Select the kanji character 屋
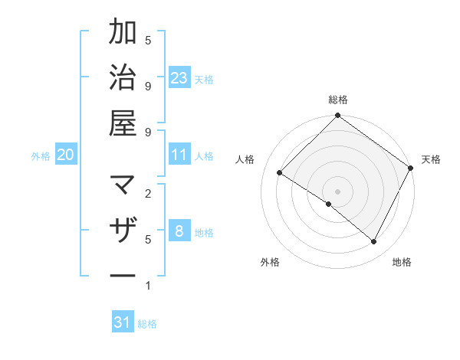[x=123, y=122]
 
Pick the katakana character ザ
[x=123, y=231]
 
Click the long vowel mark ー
[x=123, y=275]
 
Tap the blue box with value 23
[x=179, y=78]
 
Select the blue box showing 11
[x=179, y=155]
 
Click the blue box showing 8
[x=179, y=232]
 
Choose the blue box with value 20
[x=65, y=155]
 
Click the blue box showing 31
[x=123, y=323]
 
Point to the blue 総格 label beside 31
[x=147, y=324]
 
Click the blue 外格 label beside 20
[x=41, y=156]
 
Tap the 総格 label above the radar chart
[x=338, y=100]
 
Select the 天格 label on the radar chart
[x=431, y=159]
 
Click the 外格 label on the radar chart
[x=270, y=262]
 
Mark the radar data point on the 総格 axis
[x=338, y=116]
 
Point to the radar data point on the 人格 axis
[x=280, y=173]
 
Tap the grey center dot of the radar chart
[x=338, y=191]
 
